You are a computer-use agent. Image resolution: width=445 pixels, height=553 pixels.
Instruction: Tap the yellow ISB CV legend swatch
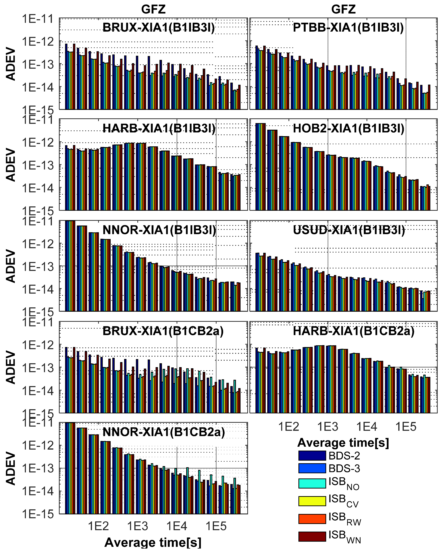click(x=312, y=501)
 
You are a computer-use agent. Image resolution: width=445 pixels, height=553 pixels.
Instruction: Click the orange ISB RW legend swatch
click(x=312, y=519)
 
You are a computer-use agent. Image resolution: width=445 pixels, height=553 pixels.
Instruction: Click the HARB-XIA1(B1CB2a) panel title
click(x=354, y=331)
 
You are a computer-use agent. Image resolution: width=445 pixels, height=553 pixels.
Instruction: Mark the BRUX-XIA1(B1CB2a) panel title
click(x=163, y=331)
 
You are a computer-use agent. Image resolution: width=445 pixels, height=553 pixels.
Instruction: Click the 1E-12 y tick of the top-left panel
click(x=38, y=41)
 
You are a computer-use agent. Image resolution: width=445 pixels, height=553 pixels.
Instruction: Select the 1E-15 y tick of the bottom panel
click(x=38, y=514)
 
